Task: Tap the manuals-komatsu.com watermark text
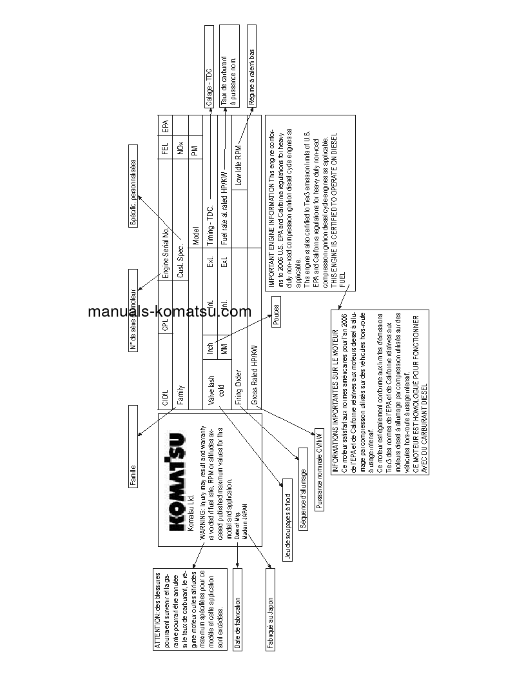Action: (170, 311)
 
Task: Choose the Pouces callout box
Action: (276, 316)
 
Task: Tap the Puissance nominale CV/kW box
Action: (319, 470)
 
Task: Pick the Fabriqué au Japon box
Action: (270, 613)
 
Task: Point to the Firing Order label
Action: (238, 386)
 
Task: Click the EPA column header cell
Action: (165, 125)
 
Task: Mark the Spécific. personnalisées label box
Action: (133, 192)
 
